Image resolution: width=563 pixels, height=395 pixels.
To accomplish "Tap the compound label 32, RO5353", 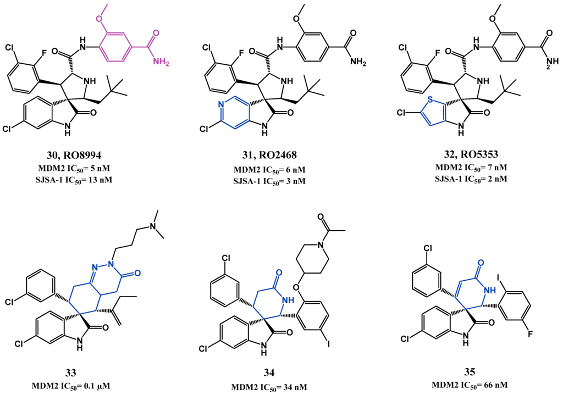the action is (469, 155).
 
